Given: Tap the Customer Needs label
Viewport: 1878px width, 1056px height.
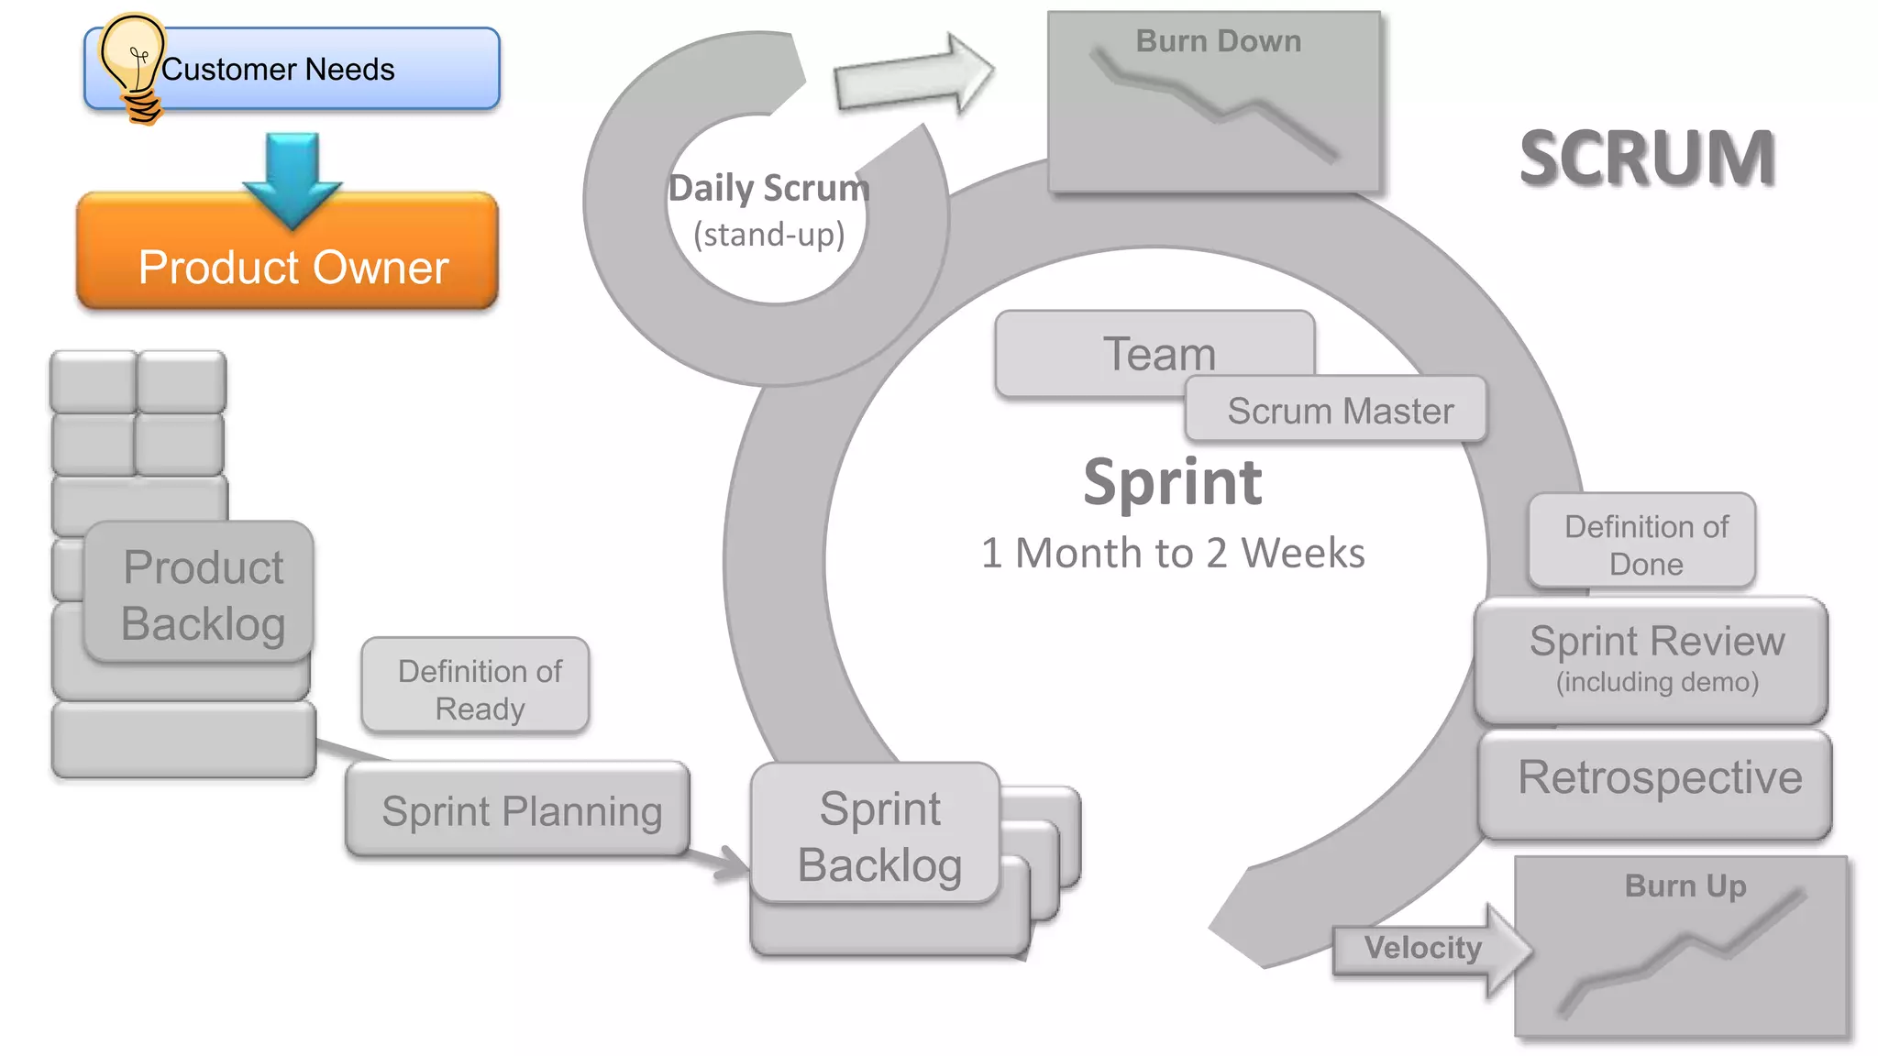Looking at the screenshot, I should pyautogui.click(x=278, y=70).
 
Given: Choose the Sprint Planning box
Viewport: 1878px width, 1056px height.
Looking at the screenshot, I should pyautogui.click(x=520, y=811).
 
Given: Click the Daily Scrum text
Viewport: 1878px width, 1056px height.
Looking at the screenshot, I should pyautogui.click(x=768, y=189).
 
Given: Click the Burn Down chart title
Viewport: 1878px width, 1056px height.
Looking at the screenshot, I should pyautogui.click(x=1217, y=41).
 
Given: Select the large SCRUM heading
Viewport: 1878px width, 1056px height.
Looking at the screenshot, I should pyautogui.click(x=1647, y=159).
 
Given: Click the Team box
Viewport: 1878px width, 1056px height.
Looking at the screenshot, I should pyautogui.click(x=1157, y=354).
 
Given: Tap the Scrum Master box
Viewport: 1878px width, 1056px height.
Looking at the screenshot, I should pyautogui.click(x=1339, y=411).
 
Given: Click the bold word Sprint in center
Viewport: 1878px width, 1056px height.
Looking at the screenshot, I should pyautogui.click(x=1172, y=482).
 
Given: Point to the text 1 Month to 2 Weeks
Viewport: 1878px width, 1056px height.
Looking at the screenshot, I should pyautogui.click(x=1172, y=553).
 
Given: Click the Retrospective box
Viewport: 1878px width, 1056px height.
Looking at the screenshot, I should pyautogui.click(x=1658, y=778).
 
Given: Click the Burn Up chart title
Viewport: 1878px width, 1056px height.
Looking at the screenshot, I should pyautogui.click(x=1685, y=885).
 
